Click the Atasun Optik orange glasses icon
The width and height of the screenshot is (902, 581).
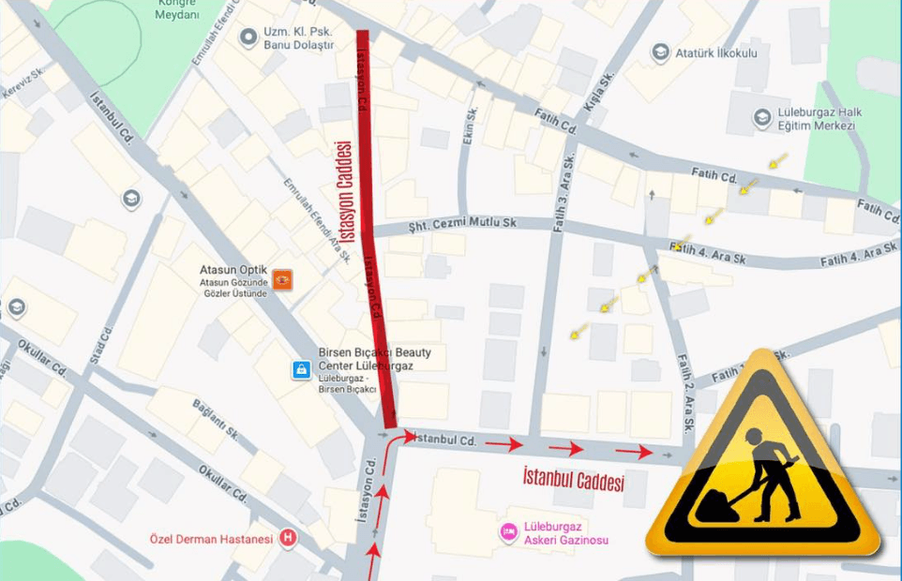tap(281, 279)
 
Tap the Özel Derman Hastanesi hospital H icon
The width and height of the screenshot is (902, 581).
tap(289, 539)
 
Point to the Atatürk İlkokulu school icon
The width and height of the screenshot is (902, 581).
tap(661, 52)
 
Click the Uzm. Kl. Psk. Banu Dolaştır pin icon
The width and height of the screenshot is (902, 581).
tap(248, 37)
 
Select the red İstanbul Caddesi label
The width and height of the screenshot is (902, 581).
tap(573, 480)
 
